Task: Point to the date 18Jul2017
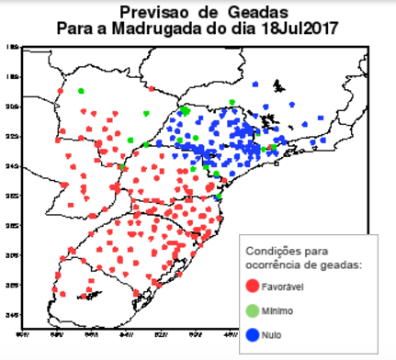click(293, 29)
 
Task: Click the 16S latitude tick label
click(13, 47)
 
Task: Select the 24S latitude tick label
click(13, 166)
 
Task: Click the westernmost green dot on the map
click(81, 90)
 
